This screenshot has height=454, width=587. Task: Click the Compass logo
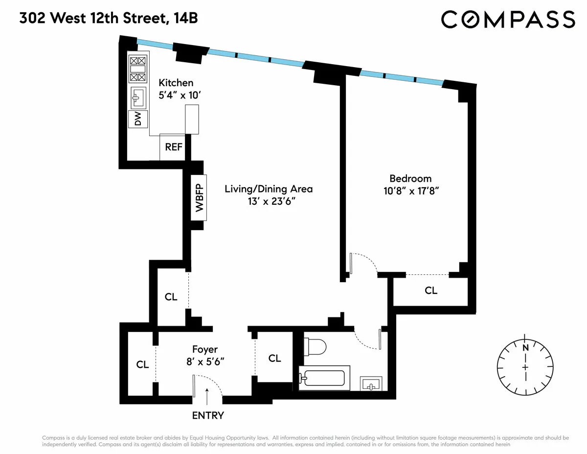[508, 19]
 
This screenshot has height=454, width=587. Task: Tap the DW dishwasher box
[138, 119]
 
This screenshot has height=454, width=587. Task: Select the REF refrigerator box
[173, 147]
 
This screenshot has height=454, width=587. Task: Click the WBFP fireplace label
[199, 197]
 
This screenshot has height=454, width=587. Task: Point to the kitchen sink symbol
[138, 97]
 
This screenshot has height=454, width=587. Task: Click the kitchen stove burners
[137, 69]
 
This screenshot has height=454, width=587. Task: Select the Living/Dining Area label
[269, 189]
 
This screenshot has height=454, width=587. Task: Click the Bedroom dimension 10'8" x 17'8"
[410, 191]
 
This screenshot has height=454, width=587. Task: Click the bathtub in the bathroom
[323, 377]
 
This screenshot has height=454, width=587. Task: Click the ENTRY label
[208, 416]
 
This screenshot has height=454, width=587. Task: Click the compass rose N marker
[526, 348]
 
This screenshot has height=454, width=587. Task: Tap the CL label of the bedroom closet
[430, 291]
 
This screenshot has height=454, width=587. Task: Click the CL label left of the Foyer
[142, 364]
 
